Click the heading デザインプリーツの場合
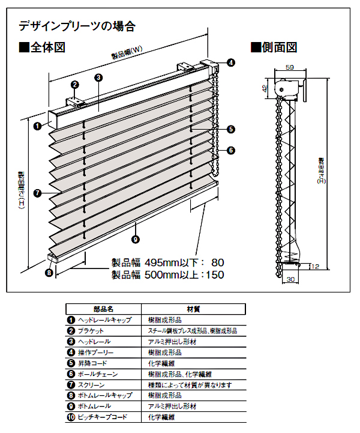[77, 26]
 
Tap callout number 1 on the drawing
[37, 126]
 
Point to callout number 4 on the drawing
[231, 62]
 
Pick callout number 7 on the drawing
[37, 193]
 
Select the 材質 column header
[193, 309]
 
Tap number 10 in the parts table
[71, 416]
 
